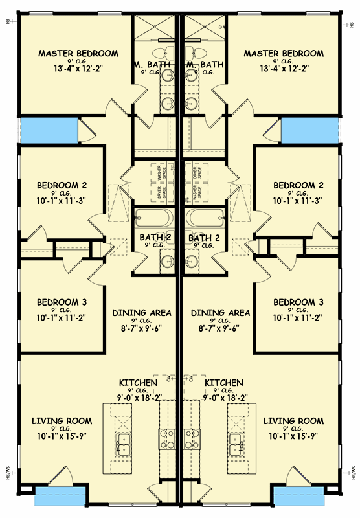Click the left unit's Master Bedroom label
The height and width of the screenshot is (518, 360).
78,53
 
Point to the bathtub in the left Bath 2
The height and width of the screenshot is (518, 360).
154,219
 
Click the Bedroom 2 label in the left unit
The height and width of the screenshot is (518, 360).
62,185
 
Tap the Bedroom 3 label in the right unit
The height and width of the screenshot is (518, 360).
297,302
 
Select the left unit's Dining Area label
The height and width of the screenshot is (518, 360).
142,313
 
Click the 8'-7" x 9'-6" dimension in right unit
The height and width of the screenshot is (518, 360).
220,330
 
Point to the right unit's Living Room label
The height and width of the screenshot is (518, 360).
293,421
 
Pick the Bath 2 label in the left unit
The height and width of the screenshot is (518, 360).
155,238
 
